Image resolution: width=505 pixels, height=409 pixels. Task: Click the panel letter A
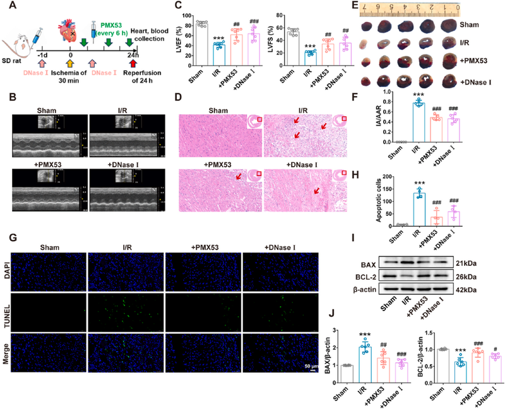(x=8, y=6)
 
